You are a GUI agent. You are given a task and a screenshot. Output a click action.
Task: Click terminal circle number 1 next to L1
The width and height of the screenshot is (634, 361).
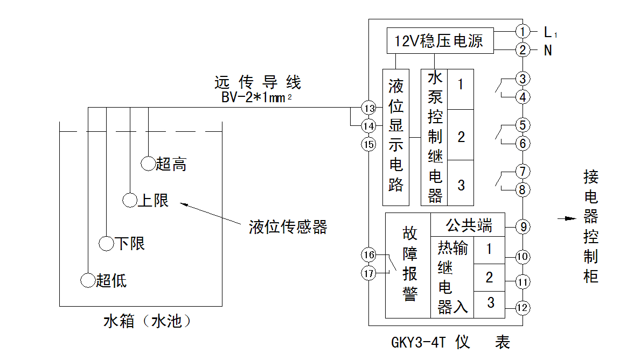click(x=522, y=31)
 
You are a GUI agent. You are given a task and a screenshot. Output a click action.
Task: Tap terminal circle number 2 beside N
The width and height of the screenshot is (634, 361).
click(x=522, y=50)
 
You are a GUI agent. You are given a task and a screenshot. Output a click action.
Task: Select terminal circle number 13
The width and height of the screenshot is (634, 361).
click(x=369, y=108)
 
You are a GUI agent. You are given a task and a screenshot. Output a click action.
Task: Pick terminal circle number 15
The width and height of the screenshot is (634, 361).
click(x=369, y=144)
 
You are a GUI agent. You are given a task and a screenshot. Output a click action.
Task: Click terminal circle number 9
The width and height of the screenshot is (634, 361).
click(x=522, y=227)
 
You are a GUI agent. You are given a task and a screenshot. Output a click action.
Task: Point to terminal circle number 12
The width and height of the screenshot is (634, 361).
click(x=522, y=308)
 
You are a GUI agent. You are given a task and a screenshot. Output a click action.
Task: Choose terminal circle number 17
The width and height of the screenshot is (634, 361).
click(x=369, y=273)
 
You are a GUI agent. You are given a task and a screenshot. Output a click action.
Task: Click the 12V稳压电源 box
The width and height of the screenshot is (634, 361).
click(x=440, y=40)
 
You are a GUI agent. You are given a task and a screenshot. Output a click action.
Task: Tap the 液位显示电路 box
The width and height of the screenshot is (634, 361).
click(x=396, y=137)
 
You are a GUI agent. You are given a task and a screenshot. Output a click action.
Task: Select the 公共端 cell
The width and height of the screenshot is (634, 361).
click(x=468, y=224)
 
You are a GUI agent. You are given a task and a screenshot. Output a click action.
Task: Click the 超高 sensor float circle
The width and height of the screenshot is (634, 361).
click(x=148, y=163)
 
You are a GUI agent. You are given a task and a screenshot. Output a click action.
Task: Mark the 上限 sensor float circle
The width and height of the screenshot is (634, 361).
click(x=130, y=201)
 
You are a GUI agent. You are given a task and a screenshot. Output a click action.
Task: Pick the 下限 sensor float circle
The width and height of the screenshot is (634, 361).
click(x=107, y=243)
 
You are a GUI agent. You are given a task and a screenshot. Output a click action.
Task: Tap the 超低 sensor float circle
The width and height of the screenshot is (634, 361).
click(x=88, y=280)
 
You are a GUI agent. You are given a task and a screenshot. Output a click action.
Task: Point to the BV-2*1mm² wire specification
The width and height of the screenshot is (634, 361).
click(x=256, y=98)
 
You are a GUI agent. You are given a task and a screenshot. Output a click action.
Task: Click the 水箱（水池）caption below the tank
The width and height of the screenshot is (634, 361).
click(x=148, y=322)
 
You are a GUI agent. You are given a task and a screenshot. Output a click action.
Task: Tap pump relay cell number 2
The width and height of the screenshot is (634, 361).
click(x=461, y=136)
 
